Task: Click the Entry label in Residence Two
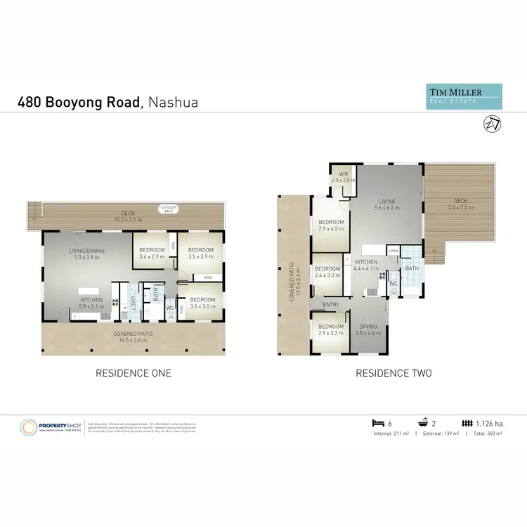[x=330, y=304]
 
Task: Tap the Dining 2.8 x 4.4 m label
[x=368, y=330]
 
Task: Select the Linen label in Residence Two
[x=393, y=251]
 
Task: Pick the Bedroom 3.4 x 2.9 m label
[x=152, y=254]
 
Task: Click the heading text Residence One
[x=134, y=373]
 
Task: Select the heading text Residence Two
[x=393, y=373]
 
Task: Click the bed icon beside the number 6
[x=376, y=423]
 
